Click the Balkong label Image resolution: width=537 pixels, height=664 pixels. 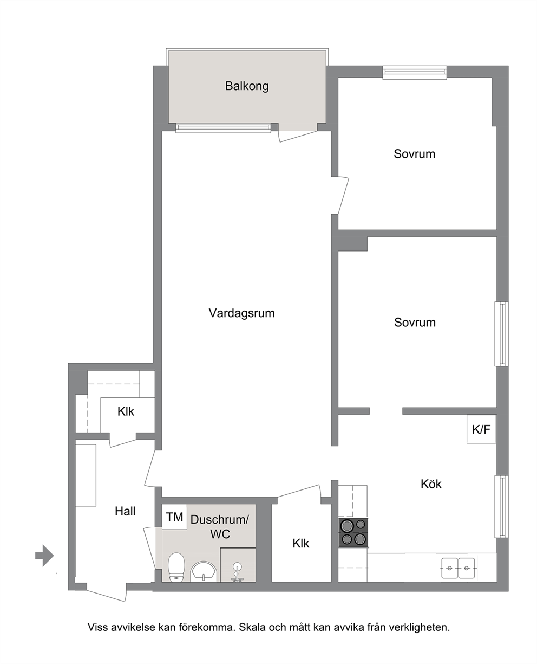247,86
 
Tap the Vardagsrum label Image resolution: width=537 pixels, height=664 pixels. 241,313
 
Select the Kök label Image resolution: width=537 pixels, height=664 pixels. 431,484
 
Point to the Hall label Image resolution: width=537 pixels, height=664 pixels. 125,511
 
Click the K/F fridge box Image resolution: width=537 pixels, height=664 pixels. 481,429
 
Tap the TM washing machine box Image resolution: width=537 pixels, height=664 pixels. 174,517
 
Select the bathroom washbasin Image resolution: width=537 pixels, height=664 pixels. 204,571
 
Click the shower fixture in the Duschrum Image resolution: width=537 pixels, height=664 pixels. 238,572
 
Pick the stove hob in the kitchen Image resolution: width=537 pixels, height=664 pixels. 353,533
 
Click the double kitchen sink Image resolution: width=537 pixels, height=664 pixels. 458,568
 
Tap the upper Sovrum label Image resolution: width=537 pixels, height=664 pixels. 414,154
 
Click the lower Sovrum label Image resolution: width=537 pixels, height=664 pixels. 415,323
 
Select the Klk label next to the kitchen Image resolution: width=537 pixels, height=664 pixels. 301,543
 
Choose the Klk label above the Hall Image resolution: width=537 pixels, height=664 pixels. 126,411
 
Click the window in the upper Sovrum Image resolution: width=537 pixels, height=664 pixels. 415,72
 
